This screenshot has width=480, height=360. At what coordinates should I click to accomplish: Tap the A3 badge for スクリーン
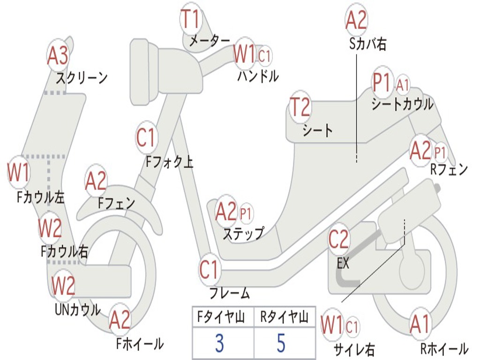click(58, 56)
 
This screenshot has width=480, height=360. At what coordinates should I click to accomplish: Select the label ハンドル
click(258, 75)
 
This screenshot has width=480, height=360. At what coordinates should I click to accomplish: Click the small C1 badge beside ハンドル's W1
click(265, 56)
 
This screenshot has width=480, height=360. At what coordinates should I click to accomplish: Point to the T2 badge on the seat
click(300, 107)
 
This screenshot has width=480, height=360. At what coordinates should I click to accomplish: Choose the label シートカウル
click(402, 104)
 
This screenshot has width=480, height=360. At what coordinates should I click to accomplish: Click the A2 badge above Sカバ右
click(356, 20)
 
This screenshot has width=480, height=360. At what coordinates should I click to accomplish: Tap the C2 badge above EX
click(338, 240)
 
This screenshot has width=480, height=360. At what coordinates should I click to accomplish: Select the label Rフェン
click(449, 170)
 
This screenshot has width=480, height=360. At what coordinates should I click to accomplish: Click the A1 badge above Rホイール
click(419, 324)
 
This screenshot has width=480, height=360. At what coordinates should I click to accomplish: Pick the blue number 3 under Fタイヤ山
click(219, 344)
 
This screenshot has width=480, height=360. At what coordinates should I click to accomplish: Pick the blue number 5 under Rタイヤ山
click(281, 344)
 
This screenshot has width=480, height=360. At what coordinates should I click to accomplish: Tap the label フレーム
click(229, 294)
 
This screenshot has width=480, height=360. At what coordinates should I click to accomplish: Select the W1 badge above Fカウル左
click(19, 172)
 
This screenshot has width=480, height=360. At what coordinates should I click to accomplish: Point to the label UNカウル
click(77, 309)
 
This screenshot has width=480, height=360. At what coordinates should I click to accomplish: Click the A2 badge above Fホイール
click(120, 320)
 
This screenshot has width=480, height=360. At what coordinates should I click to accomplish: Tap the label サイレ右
click(354, 349)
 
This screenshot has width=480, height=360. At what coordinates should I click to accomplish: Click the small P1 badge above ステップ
click(246, 214)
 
